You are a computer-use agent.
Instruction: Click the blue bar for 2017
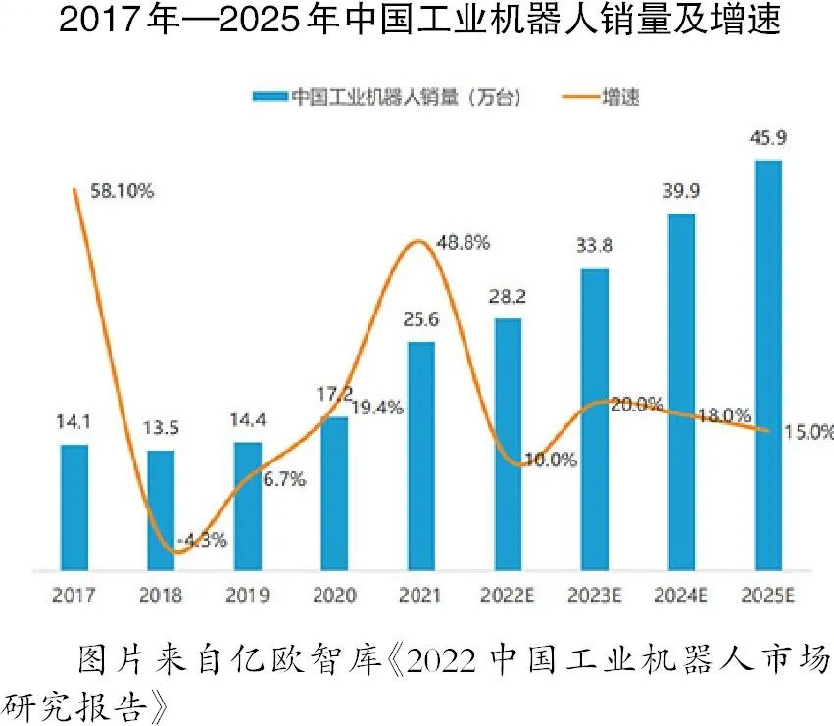(x=74, y=507)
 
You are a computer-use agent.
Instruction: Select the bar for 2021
(x=420, y=456)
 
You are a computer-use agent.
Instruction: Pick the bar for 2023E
(x=594, y=418)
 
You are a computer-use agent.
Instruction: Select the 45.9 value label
(x=767, y=139)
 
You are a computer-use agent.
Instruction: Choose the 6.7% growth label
(x=284, y=479)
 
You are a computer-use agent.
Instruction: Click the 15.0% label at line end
(x=808, y=430)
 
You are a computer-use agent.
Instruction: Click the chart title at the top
(x=417, y=22)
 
